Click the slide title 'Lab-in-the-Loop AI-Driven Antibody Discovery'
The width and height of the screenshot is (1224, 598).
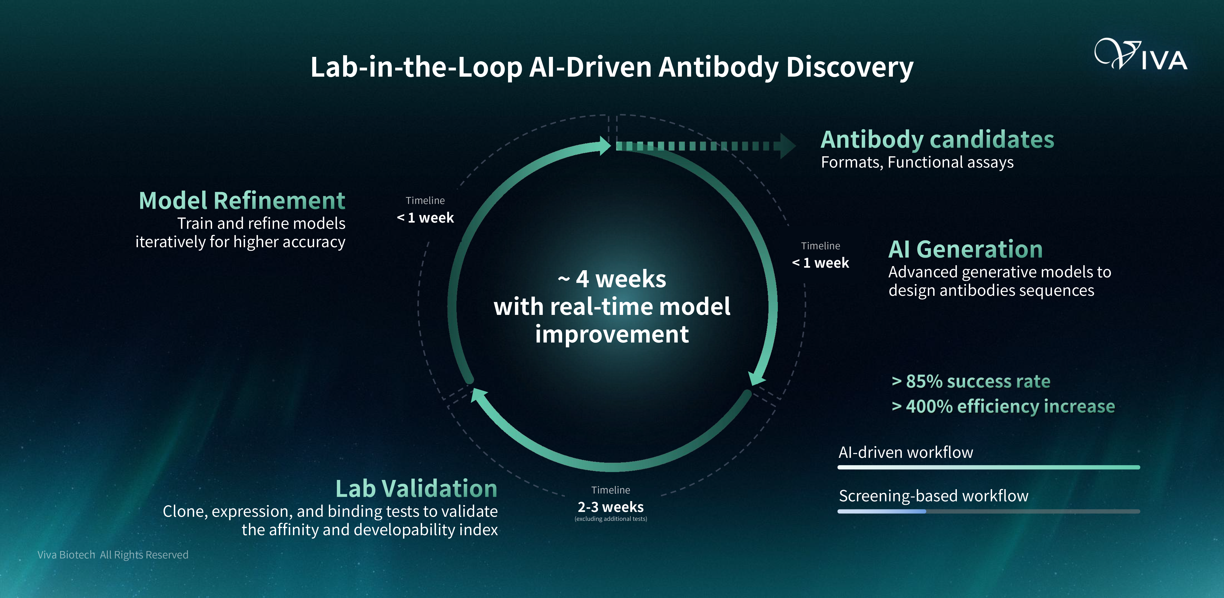point(612,67)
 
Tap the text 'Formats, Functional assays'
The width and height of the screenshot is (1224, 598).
point(917,163)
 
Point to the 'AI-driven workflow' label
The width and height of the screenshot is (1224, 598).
point(906,452)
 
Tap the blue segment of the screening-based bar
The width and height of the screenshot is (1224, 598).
point(882,511)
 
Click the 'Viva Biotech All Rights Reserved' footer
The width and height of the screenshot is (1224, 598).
point(113,555)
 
